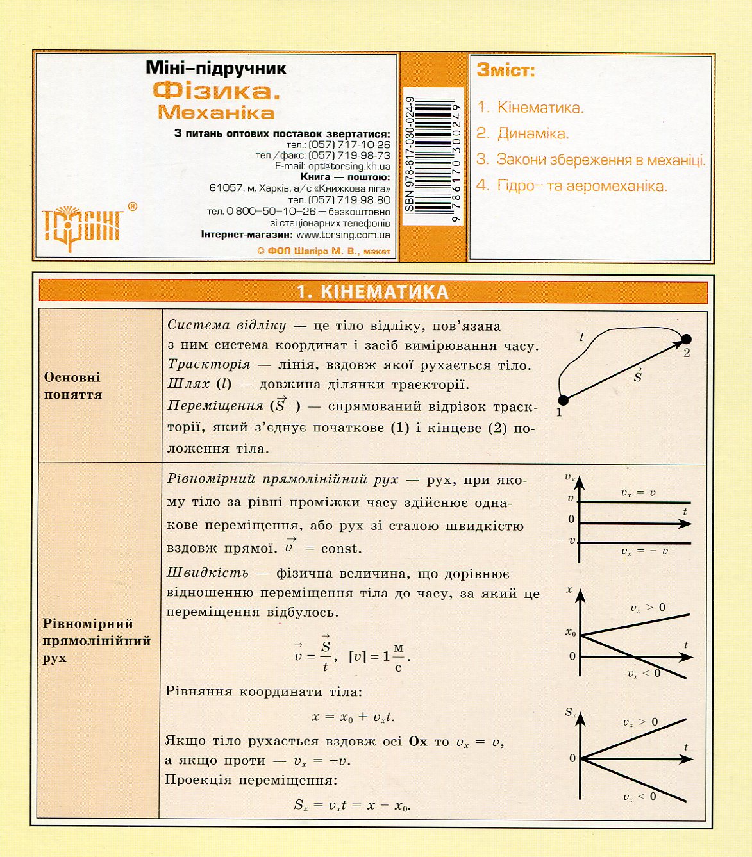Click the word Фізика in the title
tap(216, 91)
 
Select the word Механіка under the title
tap(216, 113)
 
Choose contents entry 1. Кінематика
tap(530, 108)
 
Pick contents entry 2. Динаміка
tap(522, 134)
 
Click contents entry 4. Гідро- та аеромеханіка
tap(572, 186)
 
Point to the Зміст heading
tap(506, 71)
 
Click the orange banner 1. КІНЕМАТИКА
tap(372, 292)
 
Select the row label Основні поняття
tap(73, 386)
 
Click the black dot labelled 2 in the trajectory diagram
tap(687, 339)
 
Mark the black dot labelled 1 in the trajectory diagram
tap(564, 401)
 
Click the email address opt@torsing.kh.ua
tap(349, 166)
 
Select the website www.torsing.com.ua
tap(343, 235)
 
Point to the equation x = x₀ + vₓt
tap(353, 717)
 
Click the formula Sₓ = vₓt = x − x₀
tap(352, 805)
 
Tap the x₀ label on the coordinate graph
tap(571, 633)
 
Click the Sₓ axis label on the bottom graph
tap(570, 712)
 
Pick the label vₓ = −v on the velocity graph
tap(644, 551)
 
